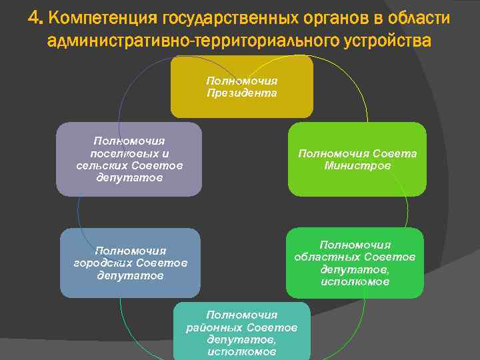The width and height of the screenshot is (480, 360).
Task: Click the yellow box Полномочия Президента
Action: [241, 87]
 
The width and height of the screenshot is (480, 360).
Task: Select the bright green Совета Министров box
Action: [357, 159]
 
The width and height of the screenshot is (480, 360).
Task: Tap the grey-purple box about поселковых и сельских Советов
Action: [129, 159]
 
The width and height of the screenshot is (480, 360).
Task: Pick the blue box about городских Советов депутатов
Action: [130, 263]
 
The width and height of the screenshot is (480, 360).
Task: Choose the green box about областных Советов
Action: [355, 263]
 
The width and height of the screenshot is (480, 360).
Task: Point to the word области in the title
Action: [421, 17]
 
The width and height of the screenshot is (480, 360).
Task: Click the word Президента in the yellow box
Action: [241, 93]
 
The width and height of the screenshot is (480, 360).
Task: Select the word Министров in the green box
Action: [357, 166]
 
